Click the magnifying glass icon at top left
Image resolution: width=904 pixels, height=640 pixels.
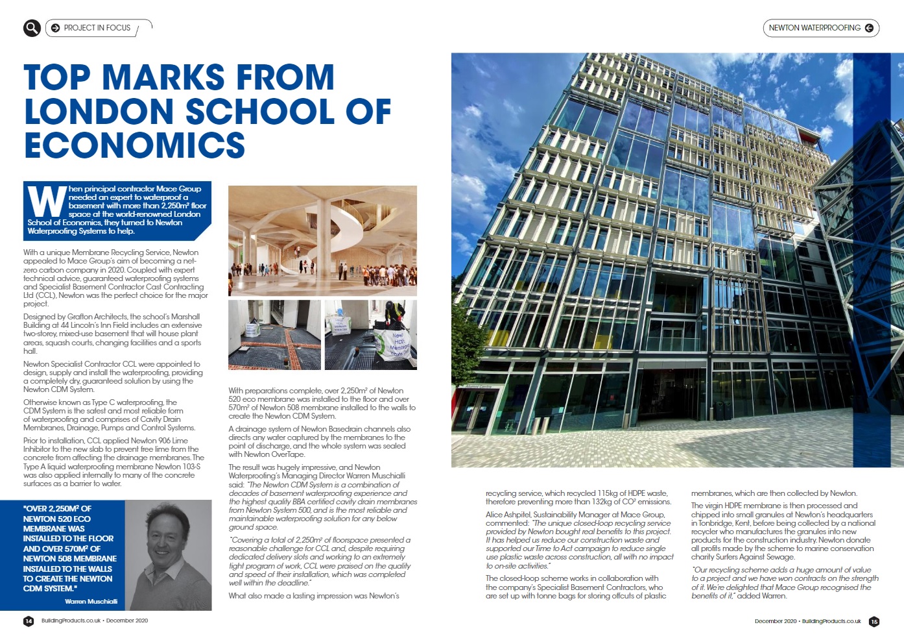click(x=32, y=28)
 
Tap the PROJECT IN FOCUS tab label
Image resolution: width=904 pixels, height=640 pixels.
click(x=97, y=28)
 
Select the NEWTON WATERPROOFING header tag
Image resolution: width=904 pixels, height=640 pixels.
click(x=815, y=28)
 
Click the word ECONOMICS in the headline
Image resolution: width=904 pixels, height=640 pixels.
click(x=134, y=145)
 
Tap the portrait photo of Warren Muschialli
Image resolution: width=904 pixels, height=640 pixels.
click(x=168, y=555)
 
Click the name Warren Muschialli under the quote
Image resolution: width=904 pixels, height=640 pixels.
click(x=91, y=602)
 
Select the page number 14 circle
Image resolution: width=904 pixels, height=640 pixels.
click(x=29, y=621)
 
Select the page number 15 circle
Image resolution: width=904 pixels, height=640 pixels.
click(x=874, y=621)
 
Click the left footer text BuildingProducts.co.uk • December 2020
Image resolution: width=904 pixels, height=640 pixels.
click(x=95, y=621)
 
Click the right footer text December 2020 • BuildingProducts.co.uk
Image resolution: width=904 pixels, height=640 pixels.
click(x=807, y=621)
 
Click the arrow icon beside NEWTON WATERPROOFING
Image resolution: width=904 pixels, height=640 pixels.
click(x=869, y=28)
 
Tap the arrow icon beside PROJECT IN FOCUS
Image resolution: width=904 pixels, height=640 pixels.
click(x=55, y=28)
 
